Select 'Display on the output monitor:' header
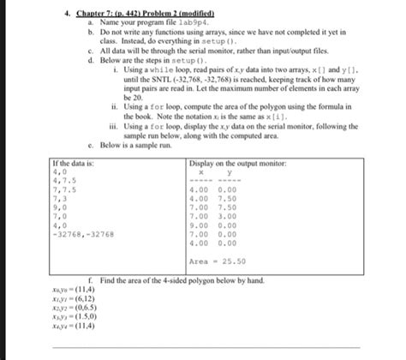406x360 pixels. pyautogui.click(x=238, y=163)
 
